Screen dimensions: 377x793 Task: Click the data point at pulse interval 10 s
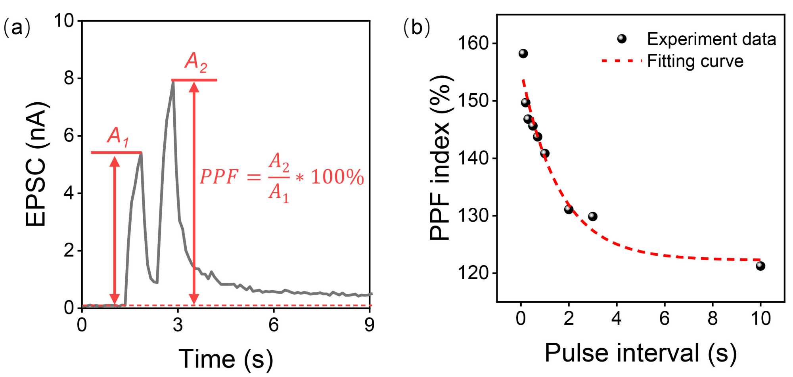[760, 266]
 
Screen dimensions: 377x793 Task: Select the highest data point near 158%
[523, 54]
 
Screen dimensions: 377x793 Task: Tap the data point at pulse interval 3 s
[592, 216]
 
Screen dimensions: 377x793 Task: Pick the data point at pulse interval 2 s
[569, 209]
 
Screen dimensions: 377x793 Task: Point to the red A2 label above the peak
[196, 63]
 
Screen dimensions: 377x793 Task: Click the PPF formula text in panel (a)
[282, 177]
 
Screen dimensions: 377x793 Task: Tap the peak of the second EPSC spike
[173, 82]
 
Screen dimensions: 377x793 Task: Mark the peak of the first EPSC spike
[141, 153]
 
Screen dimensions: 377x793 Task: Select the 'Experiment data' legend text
[711, 39]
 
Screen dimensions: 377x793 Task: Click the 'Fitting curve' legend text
[695, 61]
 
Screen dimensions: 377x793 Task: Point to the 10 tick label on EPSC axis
[64, 20]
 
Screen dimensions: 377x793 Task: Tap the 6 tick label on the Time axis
[274, 325]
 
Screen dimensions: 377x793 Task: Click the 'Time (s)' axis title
[226, 358]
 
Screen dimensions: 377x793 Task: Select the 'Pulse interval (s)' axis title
[640, 352]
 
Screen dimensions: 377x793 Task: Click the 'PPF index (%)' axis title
[440, 158]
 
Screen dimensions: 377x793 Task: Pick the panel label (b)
[416, 28]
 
